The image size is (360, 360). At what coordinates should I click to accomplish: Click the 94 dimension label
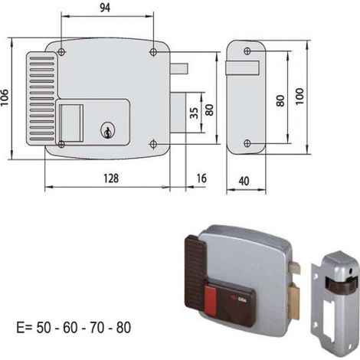point(105,8)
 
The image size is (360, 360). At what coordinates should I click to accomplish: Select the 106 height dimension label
point(5,97)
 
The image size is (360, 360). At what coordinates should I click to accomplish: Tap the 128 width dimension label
point(111,178)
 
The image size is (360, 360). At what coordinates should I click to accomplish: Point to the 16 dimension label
point(201,178)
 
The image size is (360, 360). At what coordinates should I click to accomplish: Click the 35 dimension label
point(195,113)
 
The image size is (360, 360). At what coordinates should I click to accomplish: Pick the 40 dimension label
point(244,181)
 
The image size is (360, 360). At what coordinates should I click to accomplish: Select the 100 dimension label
point(300,97)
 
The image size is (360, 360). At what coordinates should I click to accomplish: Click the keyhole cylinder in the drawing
point(107,130)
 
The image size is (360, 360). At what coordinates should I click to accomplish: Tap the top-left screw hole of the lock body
point(61,52)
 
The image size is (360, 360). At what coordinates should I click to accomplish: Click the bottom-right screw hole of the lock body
point(153,144)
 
